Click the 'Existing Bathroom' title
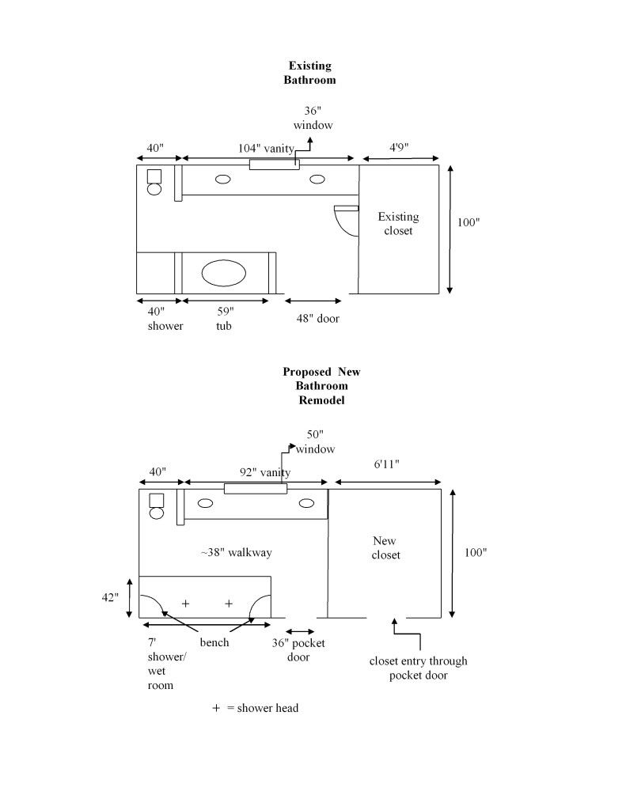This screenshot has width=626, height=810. [x=309, y=73]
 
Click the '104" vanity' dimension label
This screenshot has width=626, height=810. [x=266, y=148]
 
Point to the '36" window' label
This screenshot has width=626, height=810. [x=313, y=118]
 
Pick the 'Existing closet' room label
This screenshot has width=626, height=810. [x=398, y=224]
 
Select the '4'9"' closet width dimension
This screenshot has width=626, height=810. [x=399, y=148]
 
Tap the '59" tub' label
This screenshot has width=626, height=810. [x=224, y=319]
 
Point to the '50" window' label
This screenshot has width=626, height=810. [x=315, y=442]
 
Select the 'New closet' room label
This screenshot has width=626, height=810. [x=386, y=548]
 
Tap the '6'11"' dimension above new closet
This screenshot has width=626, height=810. [x=386, y=464]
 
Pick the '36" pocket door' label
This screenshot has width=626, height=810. [x=298, y=649]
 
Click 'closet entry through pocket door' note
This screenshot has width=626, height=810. [x=419, y=668]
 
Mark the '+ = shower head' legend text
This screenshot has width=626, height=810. [x=255, y=709]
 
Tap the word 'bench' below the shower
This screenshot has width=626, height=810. [x=214, y=642]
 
